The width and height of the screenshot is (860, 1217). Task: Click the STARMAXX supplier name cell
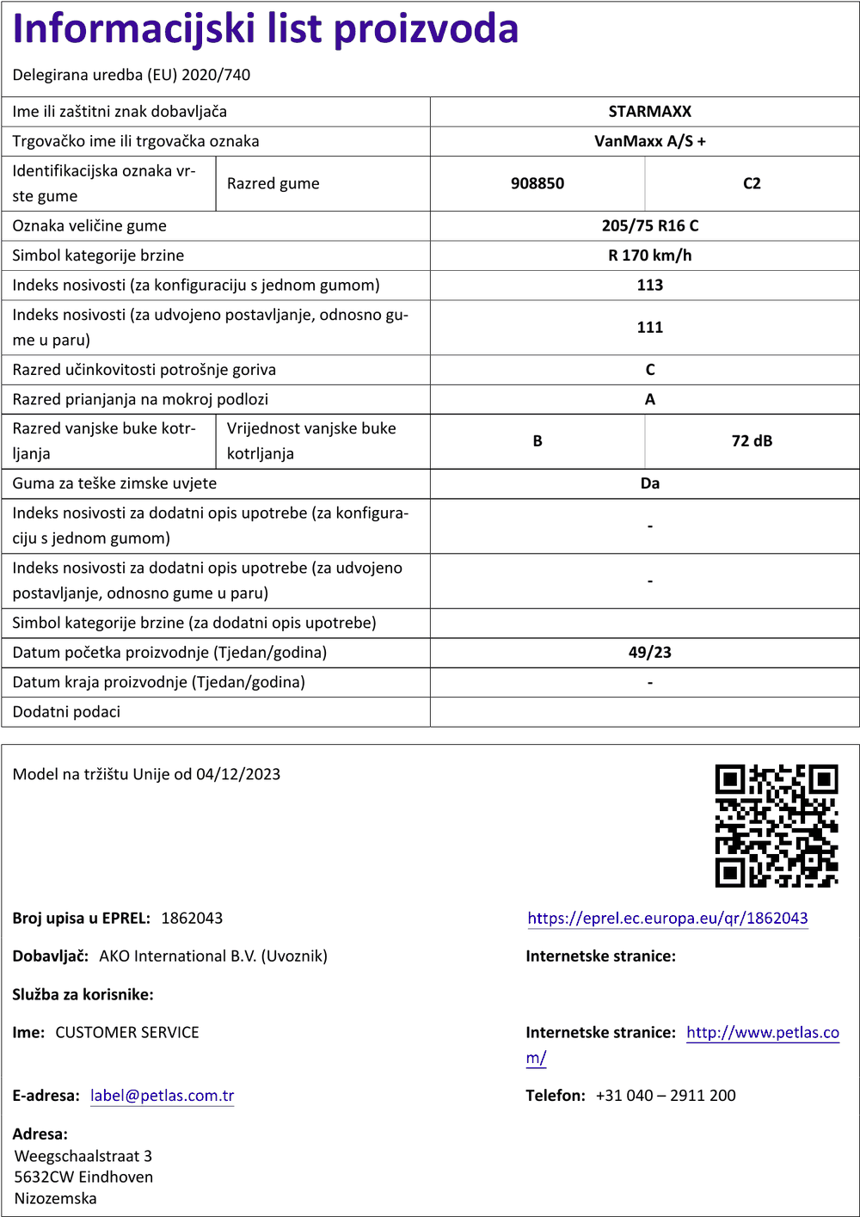[649, 112]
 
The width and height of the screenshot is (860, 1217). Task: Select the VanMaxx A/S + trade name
[649, 141]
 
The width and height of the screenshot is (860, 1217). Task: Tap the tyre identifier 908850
[537, 183]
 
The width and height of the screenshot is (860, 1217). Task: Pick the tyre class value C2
[752, 183]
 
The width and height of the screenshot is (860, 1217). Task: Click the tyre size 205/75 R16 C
[649, 226]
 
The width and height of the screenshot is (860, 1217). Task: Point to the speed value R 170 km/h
[649, 255]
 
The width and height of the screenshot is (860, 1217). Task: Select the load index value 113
[649, 286]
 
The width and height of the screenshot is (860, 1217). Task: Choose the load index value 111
[649, 328]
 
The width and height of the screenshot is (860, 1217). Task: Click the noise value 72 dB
[752, 441]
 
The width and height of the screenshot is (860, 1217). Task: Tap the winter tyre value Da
[649, 483]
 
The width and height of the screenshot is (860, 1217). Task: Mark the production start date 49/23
[649, 653]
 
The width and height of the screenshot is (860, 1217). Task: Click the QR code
[777, 826]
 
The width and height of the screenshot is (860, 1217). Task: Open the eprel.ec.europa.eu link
[667, 919]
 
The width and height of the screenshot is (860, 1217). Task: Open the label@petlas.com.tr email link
[162, 1096]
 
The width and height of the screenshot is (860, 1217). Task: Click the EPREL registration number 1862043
[192, 919]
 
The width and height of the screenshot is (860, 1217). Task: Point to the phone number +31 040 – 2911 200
[666, 1096]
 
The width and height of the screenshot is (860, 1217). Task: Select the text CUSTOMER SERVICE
[127, 1033]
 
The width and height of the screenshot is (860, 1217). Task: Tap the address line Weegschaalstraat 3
[83, 1157]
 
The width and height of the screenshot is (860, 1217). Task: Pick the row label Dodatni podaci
[66, 712]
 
